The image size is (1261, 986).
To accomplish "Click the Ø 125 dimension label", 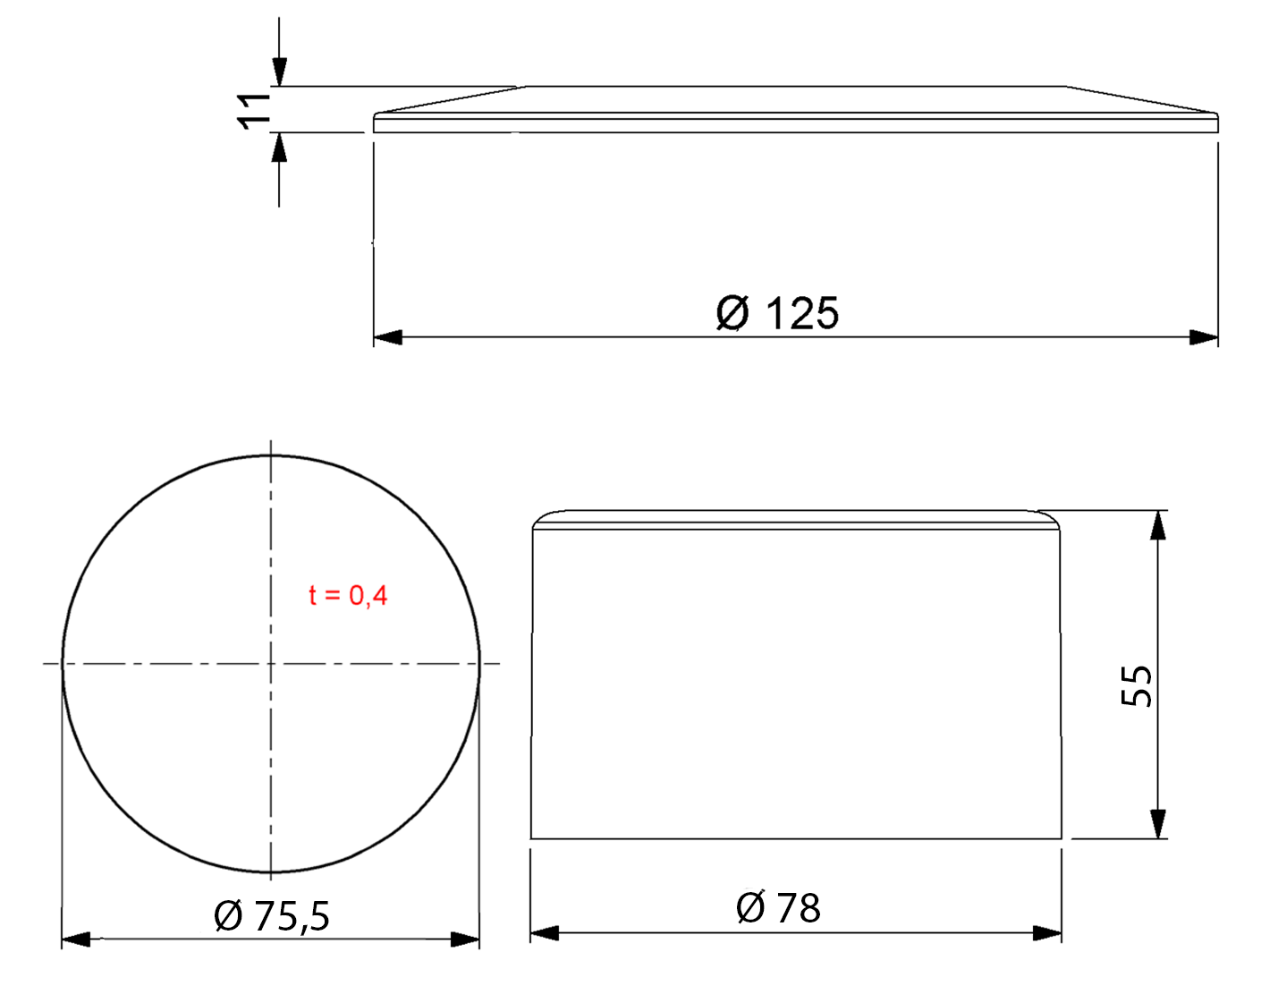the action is [x=777, y=313].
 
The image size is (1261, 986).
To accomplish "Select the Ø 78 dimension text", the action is [x=778, y=908].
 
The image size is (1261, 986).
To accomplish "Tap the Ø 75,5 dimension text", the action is [x=272, y=916].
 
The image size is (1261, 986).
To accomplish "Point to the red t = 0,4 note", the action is [x=348, y=595].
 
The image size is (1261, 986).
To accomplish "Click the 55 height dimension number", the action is [x=1136, y=686].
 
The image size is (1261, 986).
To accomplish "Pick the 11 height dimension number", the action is [x=254, y=111].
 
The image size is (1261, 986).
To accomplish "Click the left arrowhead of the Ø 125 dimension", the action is [x=387, y=337].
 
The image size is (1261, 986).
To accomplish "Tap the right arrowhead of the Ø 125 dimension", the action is [x=1204, y=337].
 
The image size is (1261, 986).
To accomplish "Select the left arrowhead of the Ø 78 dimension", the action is [x=545, y=933].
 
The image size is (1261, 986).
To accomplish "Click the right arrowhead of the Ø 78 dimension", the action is [x=1047, y=933].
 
